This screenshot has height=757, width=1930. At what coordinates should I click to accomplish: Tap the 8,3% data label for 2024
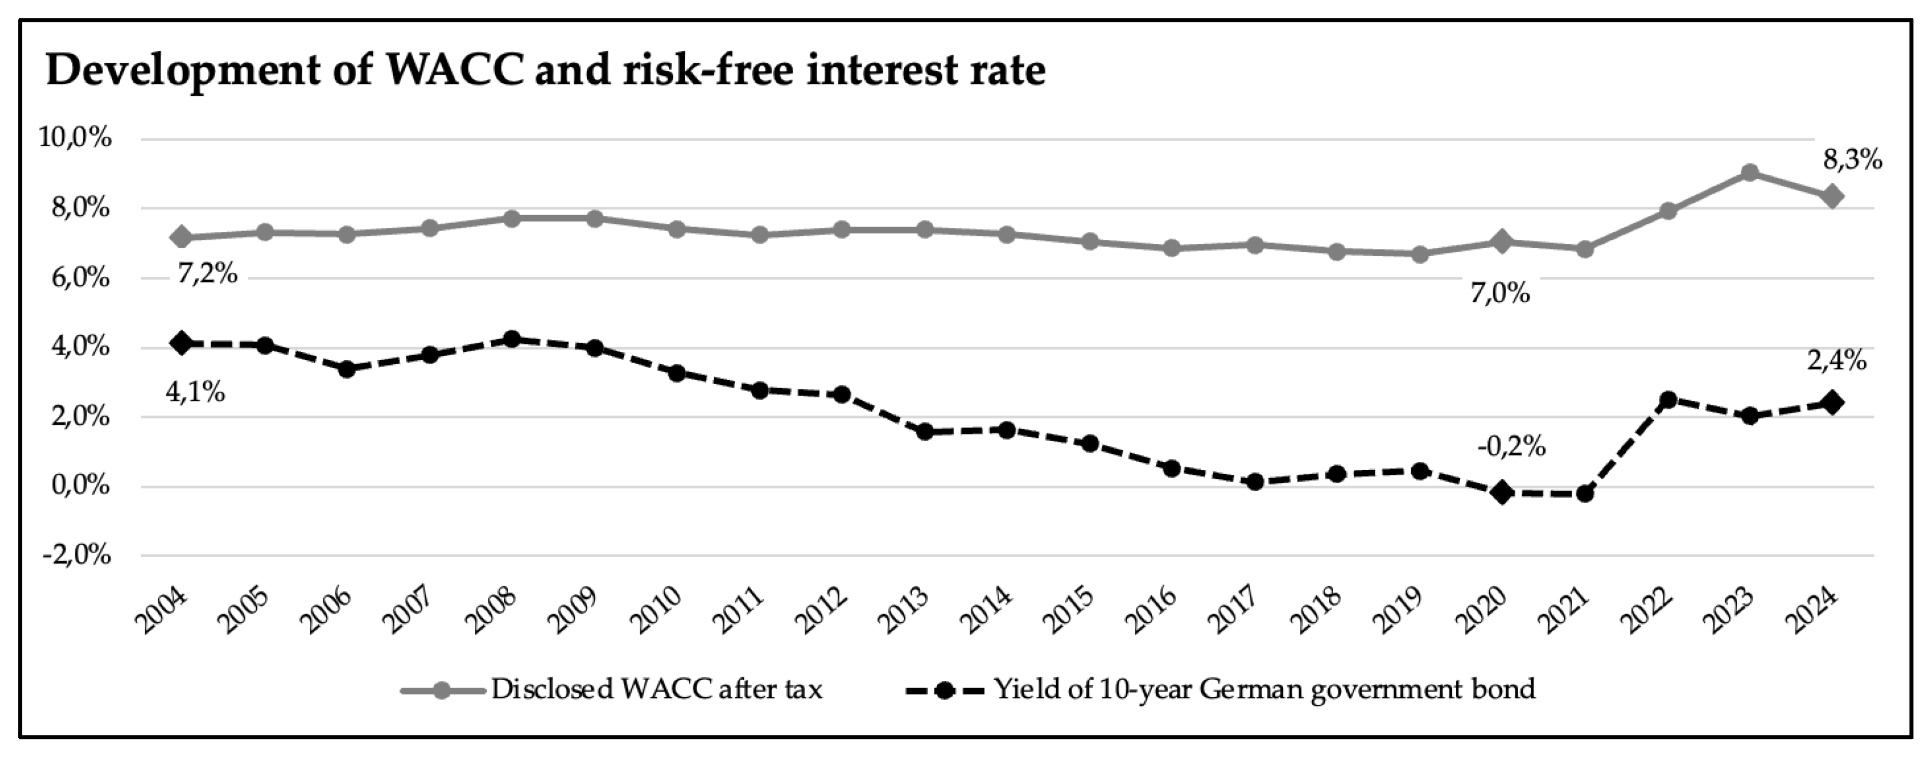coord(1852,160)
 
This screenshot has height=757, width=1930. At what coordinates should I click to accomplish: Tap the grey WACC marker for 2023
coord(1750,173)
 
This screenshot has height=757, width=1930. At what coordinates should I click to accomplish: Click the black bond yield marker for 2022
coord(1667,400)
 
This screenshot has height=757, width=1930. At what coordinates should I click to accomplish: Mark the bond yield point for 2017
coord(1255,482)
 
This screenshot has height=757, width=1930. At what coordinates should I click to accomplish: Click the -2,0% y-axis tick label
coord(76,556)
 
